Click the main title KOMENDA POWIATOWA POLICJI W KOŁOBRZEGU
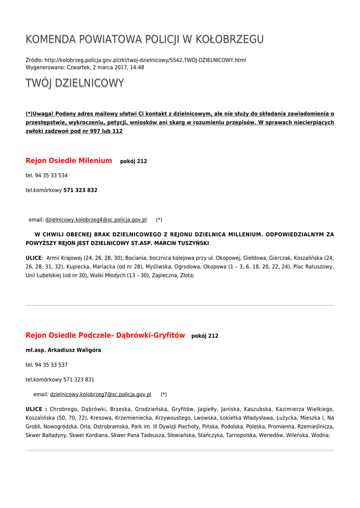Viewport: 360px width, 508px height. (144, 40)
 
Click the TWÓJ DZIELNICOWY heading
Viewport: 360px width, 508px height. (74, 83)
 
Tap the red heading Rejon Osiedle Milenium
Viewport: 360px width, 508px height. (69, 161)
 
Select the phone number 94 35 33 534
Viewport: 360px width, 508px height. (51, 176)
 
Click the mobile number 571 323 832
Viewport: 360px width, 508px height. (80, 190)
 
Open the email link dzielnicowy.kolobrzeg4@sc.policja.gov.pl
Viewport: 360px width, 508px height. (96, 220)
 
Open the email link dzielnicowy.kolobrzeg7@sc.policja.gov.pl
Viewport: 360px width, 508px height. (100, 394)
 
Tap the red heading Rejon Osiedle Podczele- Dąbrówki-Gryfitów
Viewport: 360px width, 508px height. (105, 335)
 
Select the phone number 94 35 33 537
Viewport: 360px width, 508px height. (51, 365)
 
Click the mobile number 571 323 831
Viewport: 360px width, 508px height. (79, 380)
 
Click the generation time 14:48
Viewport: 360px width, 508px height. (138, 67)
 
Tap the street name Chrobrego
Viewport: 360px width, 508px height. (63, 409)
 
